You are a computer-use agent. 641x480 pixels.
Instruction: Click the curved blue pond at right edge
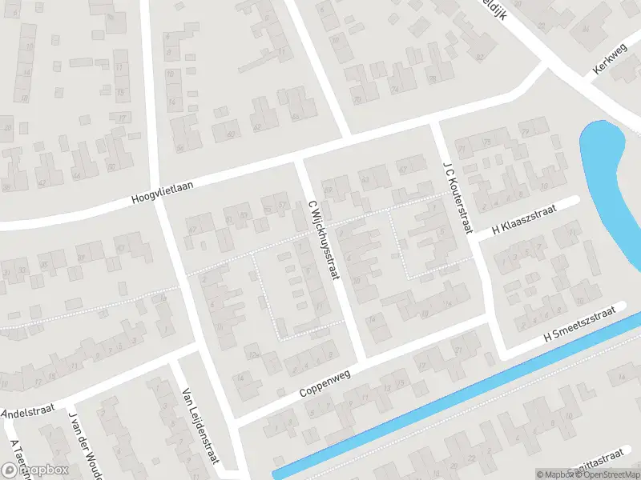pyautogui.click(x=613, y=184)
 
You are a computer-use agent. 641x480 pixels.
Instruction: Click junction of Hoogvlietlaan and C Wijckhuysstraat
pyautogui.click(x=300, y=162)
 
